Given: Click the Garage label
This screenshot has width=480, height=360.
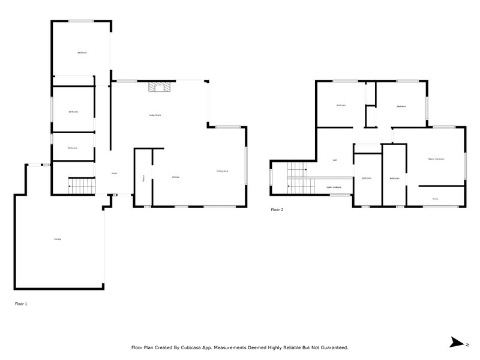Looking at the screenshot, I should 58,239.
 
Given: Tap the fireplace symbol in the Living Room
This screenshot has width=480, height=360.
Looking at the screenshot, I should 160,88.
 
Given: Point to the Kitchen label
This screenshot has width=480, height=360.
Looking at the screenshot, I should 176,177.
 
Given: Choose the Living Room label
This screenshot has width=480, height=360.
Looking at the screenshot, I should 155,115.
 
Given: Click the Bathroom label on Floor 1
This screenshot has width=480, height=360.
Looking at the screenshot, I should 73,148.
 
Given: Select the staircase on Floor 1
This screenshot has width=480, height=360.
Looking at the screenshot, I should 81,186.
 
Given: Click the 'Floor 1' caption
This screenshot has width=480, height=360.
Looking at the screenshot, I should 21,304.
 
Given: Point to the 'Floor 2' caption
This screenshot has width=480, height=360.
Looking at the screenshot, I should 277,210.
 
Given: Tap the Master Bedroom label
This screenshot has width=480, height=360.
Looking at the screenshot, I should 436,159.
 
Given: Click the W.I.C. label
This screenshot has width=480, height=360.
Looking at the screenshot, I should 436,199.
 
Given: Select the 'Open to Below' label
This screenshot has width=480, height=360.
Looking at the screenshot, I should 334,187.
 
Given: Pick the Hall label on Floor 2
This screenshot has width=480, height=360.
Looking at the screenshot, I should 334,160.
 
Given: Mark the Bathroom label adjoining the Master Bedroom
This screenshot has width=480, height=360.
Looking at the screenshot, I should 394,178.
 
